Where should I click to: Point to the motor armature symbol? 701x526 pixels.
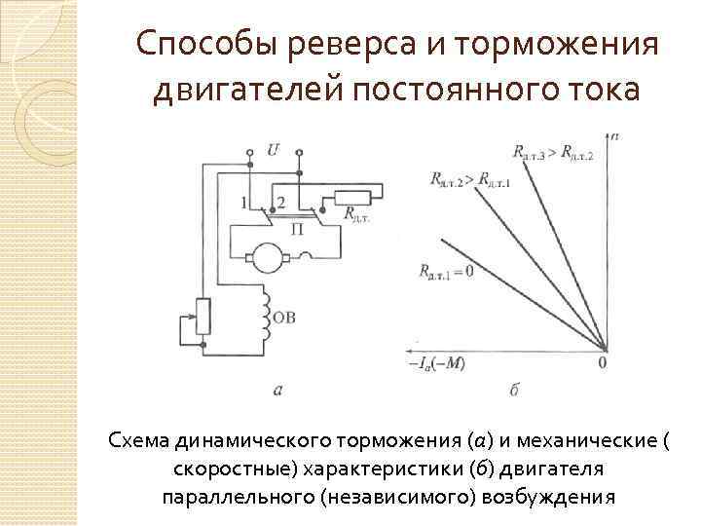[x=265, y=254]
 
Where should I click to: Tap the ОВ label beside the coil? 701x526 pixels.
[x=287, y=317]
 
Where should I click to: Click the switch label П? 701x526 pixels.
[x=297, y=226]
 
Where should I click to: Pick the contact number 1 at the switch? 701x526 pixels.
[x=245, y=202]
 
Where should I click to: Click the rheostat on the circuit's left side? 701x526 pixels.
[x=203, y=316]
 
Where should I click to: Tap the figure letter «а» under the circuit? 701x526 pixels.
[x=277, y=390]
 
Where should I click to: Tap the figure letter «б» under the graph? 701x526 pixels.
[x=514, y=390]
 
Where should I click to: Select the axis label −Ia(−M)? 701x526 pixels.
[x=439, y=364]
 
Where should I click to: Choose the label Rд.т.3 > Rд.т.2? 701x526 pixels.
[x=552, y=151]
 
